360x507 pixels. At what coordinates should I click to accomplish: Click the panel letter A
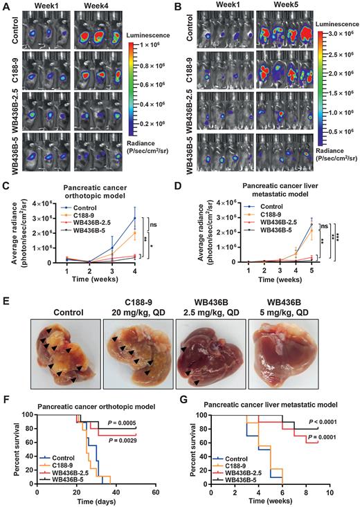pos(6,6)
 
